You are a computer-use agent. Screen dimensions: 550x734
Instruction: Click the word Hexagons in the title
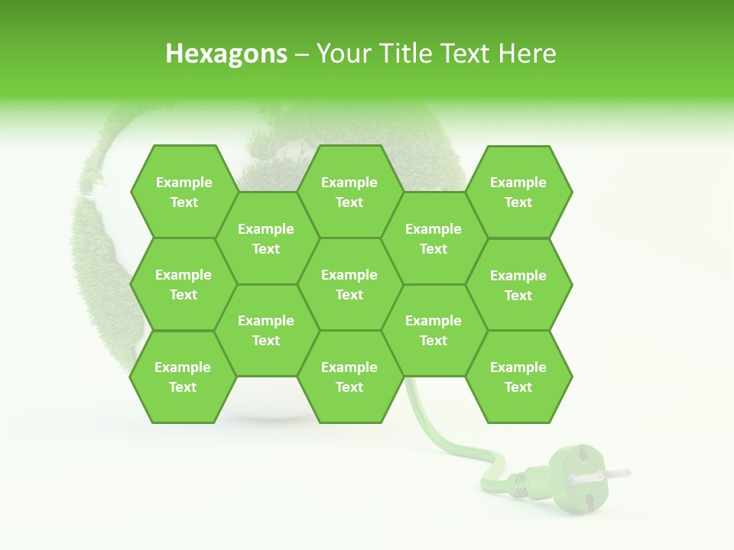tap(226, 53)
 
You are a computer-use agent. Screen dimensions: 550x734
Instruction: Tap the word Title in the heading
tap(415, 53)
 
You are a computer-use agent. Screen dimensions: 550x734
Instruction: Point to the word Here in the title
tap(527, 53)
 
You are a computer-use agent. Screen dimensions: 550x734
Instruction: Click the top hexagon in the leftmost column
tap(183, 192)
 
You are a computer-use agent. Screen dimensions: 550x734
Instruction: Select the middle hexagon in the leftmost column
tap(183, 284)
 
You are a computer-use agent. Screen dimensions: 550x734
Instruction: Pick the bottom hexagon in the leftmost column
tap(183, 377)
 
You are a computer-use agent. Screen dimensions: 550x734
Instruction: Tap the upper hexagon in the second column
tap(266, 238)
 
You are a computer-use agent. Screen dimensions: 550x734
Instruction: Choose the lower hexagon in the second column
tap(266, 330)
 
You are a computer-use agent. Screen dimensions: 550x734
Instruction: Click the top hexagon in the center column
tap(349, 192)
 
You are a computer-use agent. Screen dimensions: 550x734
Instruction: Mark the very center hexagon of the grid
tap(349, 284)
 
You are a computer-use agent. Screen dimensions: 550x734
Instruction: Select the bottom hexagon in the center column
tap(349, 377)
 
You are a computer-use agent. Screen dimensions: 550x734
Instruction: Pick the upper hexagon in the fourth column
tap(434, 238)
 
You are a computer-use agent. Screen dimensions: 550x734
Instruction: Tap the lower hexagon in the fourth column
tap(434, 330)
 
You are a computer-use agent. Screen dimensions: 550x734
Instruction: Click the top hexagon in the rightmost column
tap(518, 192)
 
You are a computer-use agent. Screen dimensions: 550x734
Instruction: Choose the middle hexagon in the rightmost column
tap(518, 285)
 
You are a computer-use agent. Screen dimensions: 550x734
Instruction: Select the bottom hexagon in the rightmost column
tap(518, 377)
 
